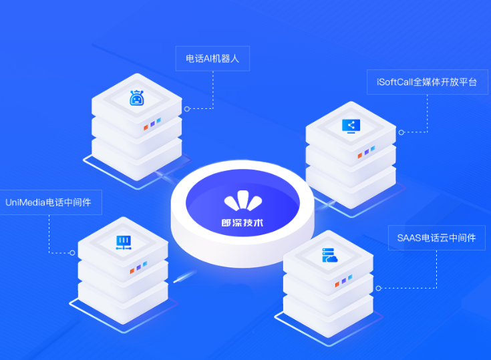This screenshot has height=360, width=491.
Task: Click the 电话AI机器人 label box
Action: (212, 59)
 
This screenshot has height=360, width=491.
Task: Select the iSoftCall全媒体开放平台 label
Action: (427, 82)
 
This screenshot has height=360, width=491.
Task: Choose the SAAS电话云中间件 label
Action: (436, 238)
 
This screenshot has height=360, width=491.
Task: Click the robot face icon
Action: (137, 98)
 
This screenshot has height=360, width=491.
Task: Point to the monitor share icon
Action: (351, 126)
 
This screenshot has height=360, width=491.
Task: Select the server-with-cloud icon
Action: (329, 255)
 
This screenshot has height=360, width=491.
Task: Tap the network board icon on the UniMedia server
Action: (124, 242)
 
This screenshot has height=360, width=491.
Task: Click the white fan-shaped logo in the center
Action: (243, 200)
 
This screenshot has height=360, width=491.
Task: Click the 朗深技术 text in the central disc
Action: (242, 223)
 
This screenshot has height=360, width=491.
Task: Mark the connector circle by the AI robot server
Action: (187, 109)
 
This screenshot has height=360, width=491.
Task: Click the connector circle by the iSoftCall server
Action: (401, 132)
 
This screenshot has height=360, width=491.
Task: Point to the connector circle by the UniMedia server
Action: (72, 252)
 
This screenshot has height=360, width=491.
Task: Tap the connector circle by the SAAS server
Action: (378, 288)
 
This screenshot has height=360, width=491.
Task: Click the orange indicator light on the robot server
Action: (146, 128)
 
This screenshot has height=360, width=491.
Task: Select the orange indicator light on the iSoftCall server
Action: (360, 156)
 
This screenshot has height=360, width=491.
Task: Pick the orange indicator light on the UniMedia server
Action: (132, 271)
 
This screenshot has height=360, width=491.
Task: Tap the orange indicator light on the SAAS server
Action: (337, 285)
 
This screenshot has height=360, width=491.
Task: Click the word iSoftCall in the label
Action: (395, 82)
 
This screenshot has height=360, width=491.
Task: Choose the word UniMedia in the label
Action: (25, 202)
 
